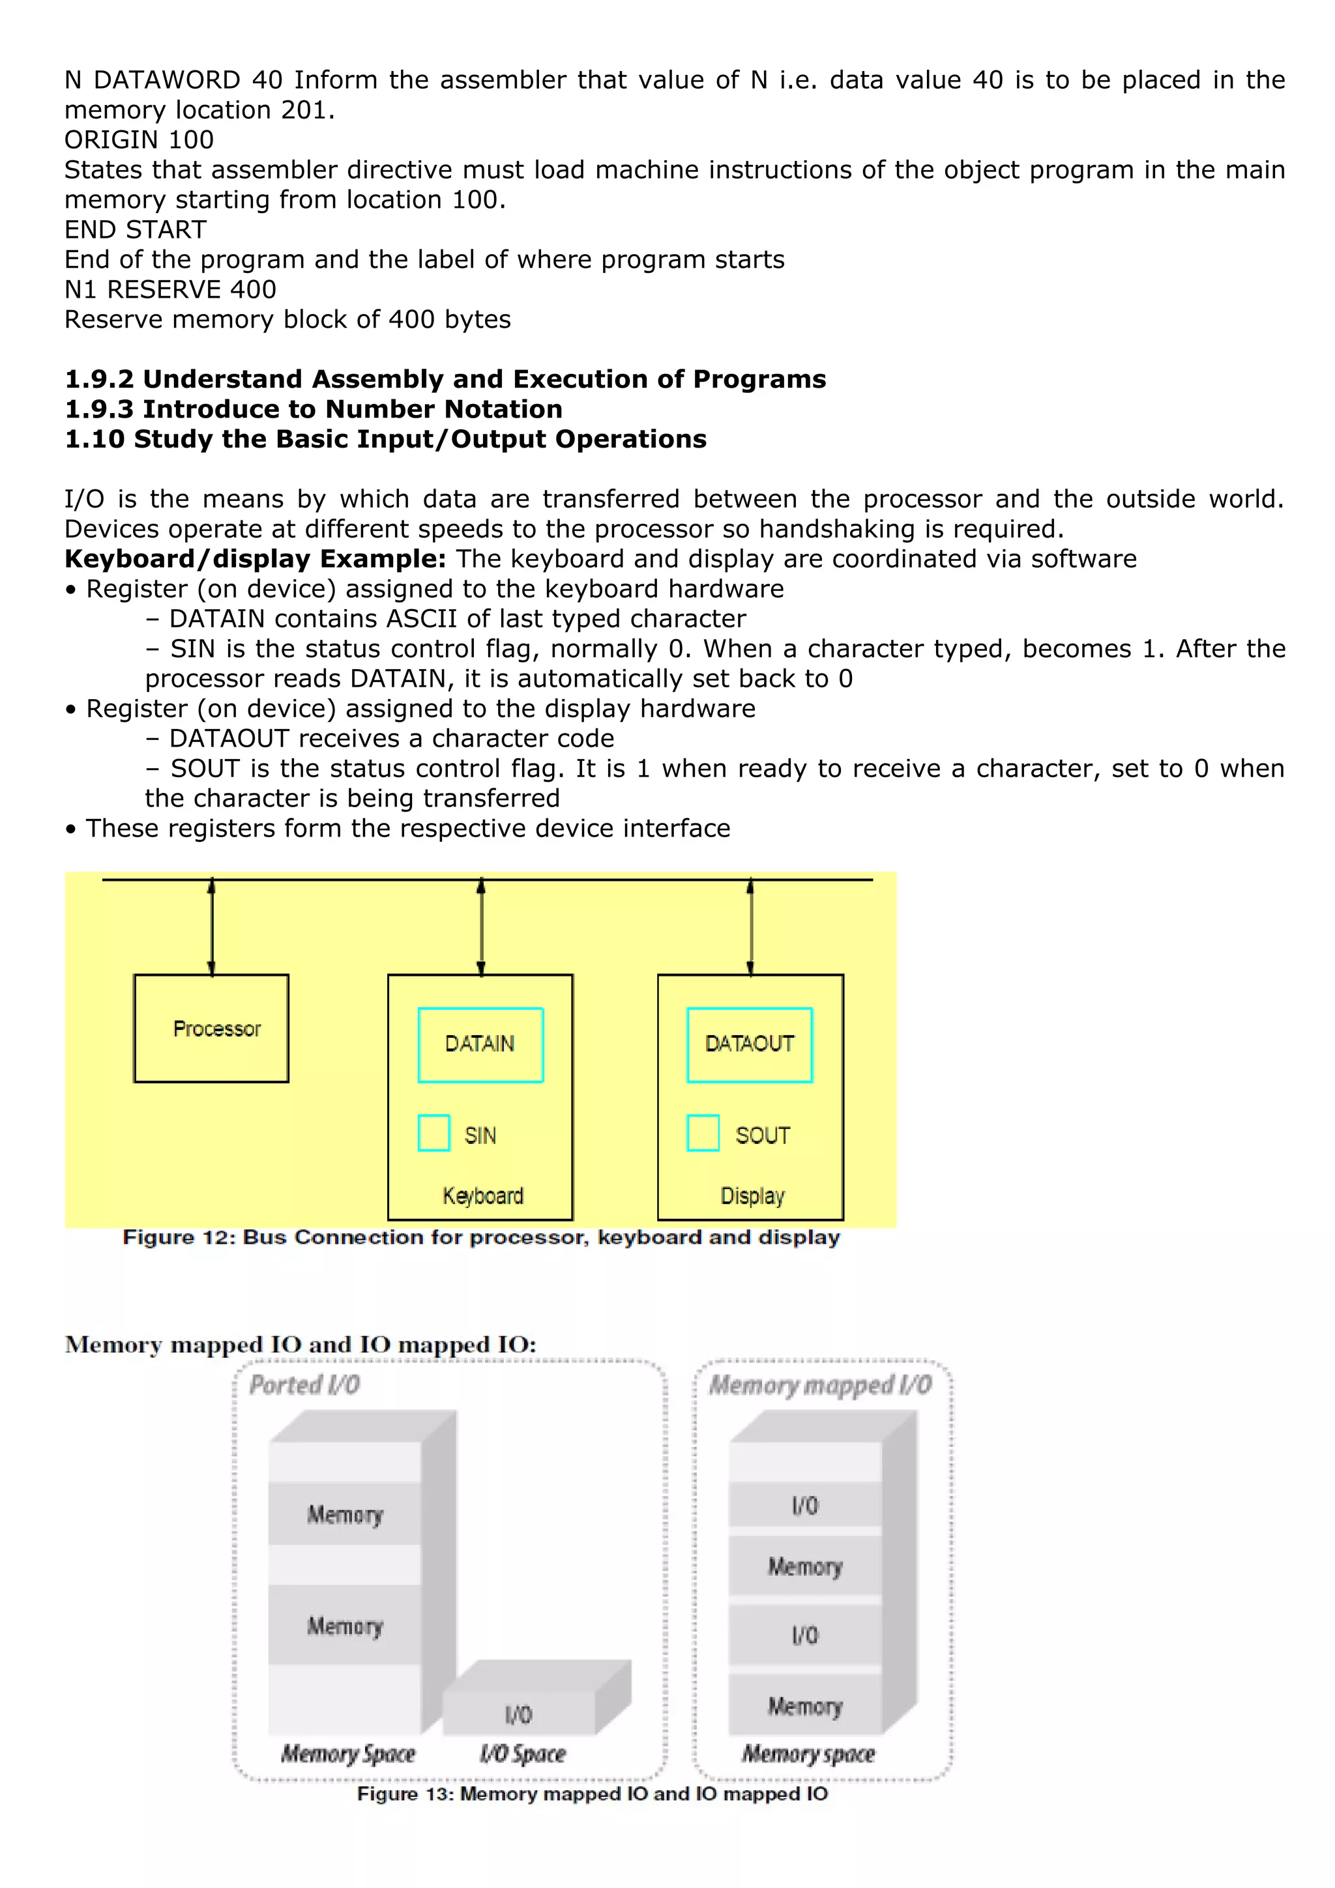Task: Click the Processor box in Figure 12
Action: click(x=211, y=1028)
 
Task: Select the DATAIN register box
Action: click(x=480, y=1044)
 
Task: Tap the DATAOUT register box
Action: click(x=750, y=1044)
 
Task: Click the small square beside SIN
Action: click(x=433, y=1132)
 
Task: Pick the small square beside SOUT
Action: click(x=703, y=1132)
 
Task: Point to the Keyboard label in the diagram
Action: click(x=483, y=1195)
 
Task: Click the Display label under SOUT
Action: click(x=752, y=1195)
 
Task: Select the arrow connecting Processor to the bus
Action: click(x=211, y=926)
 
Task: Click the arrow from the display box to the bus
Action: click(x=750, y=926)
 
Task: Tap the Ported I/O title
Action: click(x=305, y=1385)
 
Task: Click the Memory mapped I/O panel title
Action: click(x=820, y=1386)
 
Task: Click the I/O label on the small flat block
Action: click(x=518, y=1715)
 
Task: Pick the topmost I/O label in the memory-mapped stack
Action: click(x=805, y=1506)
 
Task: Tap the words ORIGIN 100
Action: click(x=139, y=140)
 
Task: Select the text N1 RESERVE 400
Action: click(x=170, y=289)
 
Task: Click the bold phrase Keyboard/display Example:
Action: click(x=255, y=559)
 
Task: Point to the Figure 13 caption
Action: click(x=593, y=1794)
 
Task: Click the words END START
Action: click(x=136, y=229)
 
